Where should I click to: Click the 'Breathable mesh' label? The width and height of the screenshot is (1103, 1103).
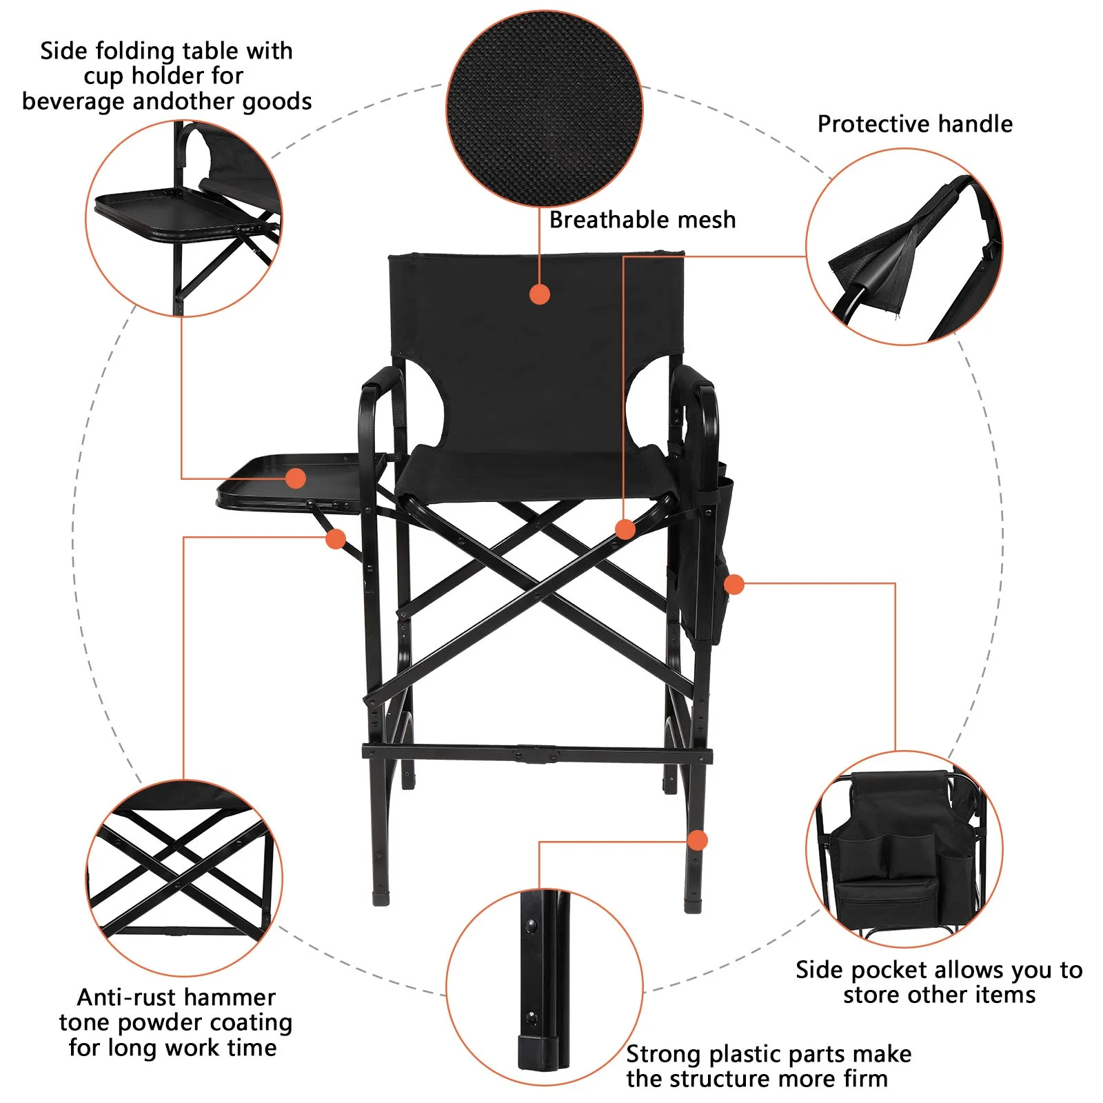tap(642, 220)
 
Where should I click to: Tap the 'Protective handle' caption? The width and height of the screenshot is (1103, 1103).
tap(915, 124)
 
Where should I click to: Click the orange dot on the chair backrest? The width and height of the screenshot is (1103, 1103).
tap(540, 294)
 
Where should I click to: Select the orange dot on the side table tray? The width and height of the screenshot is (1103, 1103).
tap(296, 478)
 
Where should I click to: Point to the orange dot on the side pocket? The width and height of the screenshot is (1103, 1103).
tap(734, 585)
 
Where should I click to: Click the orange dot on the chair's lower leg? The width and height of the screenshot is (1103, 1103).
tap(698, 840)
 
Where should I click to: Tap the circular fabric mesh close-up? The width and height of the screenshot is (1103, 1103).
tap(545, 109)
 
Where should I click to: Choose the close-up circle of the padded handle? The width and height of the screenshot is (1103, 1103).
tap(904, 247)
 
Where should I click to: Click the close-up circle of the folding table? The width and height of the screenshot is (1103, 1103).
tap(183, 219)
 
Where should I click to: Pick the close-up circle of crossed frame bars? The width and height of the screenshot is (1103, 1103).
tap(183, 878)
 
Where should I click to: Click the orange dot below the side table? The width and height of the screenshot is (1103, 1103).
tap(336, 539)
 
